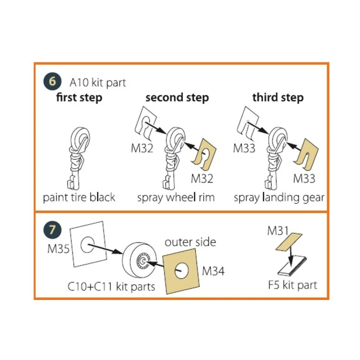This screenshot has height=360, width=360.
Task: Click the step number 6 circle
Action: pos(52,81)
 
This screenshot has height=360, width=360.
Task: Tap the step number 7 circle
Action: pos(52,230)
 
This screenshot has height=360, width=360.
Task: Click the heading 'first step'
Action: pos(79,98)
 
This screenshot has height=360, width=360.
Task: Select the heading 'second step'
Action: pos(177,98)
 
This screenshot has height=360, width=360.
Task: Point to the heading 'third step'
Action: pos(278,98)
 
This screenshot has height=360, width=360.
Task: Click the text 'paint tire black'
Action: pos(79,198)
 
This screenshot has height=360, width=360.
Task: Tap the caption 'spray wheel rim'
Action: pos(176,198)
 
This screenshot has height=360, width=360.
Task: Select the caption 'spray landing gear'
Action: pos(279,198)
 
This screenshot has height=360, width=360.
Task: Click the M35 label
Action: pos(58,249)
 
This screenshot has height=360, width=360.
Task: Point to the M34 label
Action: pos(213,271)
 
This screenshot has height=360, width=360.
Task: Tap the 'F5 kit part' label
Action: pos(292,285)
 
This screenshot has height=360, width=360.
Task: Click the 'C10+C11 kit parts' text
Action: pos(111,287)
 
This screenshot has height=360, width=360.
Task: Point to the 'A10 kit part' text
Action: pos(98,82)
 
